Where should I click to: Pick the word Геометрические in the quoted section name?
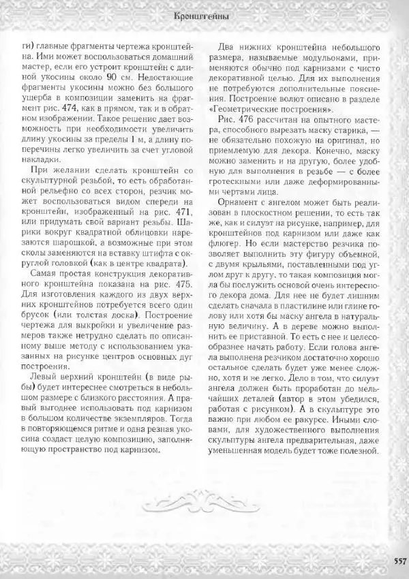tap(249, 110)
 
